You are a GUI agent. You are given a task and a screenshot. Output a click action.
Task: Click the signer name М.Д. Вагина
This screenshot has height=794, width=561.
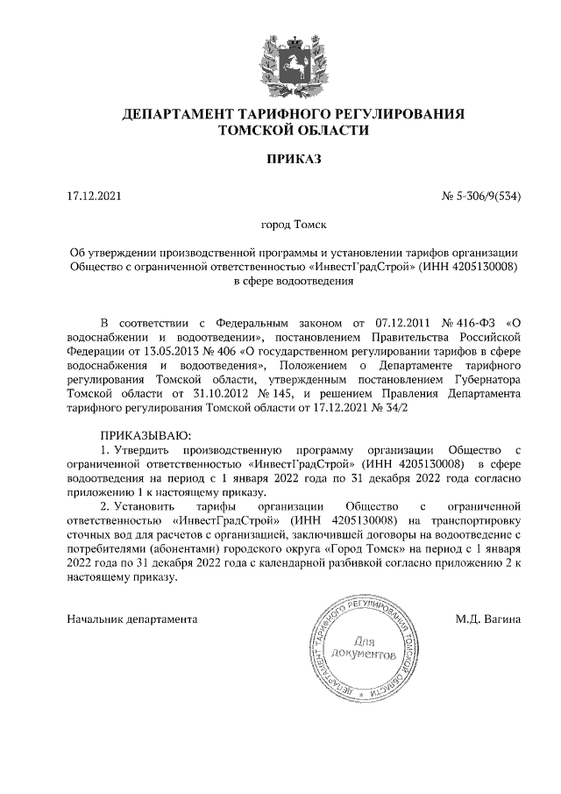pos(487,619)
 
